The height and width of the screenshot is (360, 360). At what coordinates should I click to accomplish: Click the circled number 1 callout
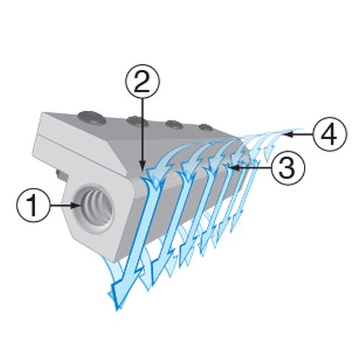[x=33, y=205]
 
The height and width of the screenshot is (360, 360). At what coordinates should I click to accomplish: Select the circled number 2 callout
[x=143, y=81]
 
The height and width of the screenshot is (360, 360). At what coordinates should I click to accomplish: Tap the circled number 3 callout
[x=288, y=168]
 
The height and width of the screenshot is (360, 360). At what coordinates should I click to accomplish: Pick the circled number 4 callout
[x=330, y=135]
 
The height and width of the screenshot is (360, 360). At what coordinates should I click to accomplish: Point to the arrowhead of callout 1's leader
[x=77, y=205]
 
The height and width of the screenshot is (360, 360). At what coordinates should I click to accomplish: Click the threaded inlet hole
[x=93, y=208]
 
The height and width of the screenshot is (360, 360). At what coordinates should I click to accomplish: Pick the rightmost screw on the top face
[x=205, y=127]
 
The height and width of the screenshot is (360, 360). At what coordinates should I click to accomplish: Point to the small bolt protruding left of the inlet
[x=60, y=174]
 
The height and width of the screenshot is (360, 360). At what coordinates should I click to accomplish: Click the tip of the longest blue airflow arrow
[x=117, y=311]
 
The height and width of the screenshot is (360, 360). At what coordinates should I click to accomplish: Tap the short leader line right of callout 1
[x=62, y=205]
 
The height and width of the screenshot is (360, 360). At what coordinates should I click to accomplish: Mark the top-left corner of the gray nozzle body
[x=42, y=113]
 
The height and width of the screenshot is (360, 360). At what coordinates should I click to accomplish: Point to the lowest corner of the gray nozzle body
[x=114, y=261]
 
